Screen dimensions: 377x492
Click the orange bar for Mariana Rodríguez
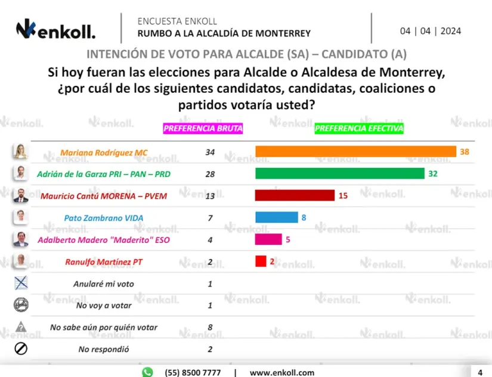pyautogui.click(x=355, y=152)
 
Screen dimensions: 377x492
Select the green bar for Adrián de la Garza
pyautogui.click(x=339, y=174)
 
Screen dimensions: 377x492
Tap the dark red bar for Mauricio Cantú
pyautogui.click(x=295, y=195)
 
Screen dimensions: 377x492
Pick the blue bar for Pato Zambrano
pyautogui.click(x=276, y=217)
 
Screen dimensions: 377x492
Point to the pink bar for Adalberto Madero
pyautogui.click(x=268, y=239)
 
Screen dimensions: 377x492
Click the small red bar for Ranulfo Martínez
pyautogui.click(x=261, y=261)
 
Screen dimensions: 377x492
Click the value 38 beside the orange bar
pyautogui.click(x=465, y=152)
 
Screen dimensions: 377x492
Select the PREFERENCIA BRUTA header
pyautogui.click(x=203, y=128)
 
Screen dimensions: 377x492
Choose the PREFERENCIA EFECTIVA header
pyautogui.click(x=359, y=128)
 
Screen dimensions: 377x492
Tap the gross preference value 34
pyautogui.click(x=210, y=152)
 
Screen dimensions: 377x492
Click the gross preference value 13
pyautogui.click(x=210, y=196)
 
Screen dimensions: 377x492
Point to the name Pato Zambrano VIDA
pyautogui.click(x=104, y=218)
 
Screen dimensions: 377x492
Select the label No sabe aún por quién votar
pyautogui.click(x=104, y=327)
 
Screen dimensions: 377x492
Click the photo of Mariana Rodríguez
pyautogui.click(x=21, y=152)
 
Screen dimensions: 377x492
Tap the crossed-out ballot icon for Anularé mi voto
pyautogui.click(x=21, y=283)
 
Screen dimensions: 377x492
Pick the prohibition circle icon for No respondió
pyautogui.click(x=21, y=348)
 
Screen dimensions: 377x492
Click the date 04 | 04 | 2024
pyautogui.click(x=431, y=31)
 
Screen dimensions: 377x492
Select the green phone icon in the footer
pyautogui.click(x=147, y=372)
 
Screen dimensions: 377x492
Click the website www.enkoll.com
pyautogui.click(x=281, y=372)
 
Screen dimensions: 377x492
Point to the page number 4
pyautogui.click(x=479, y=372)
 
